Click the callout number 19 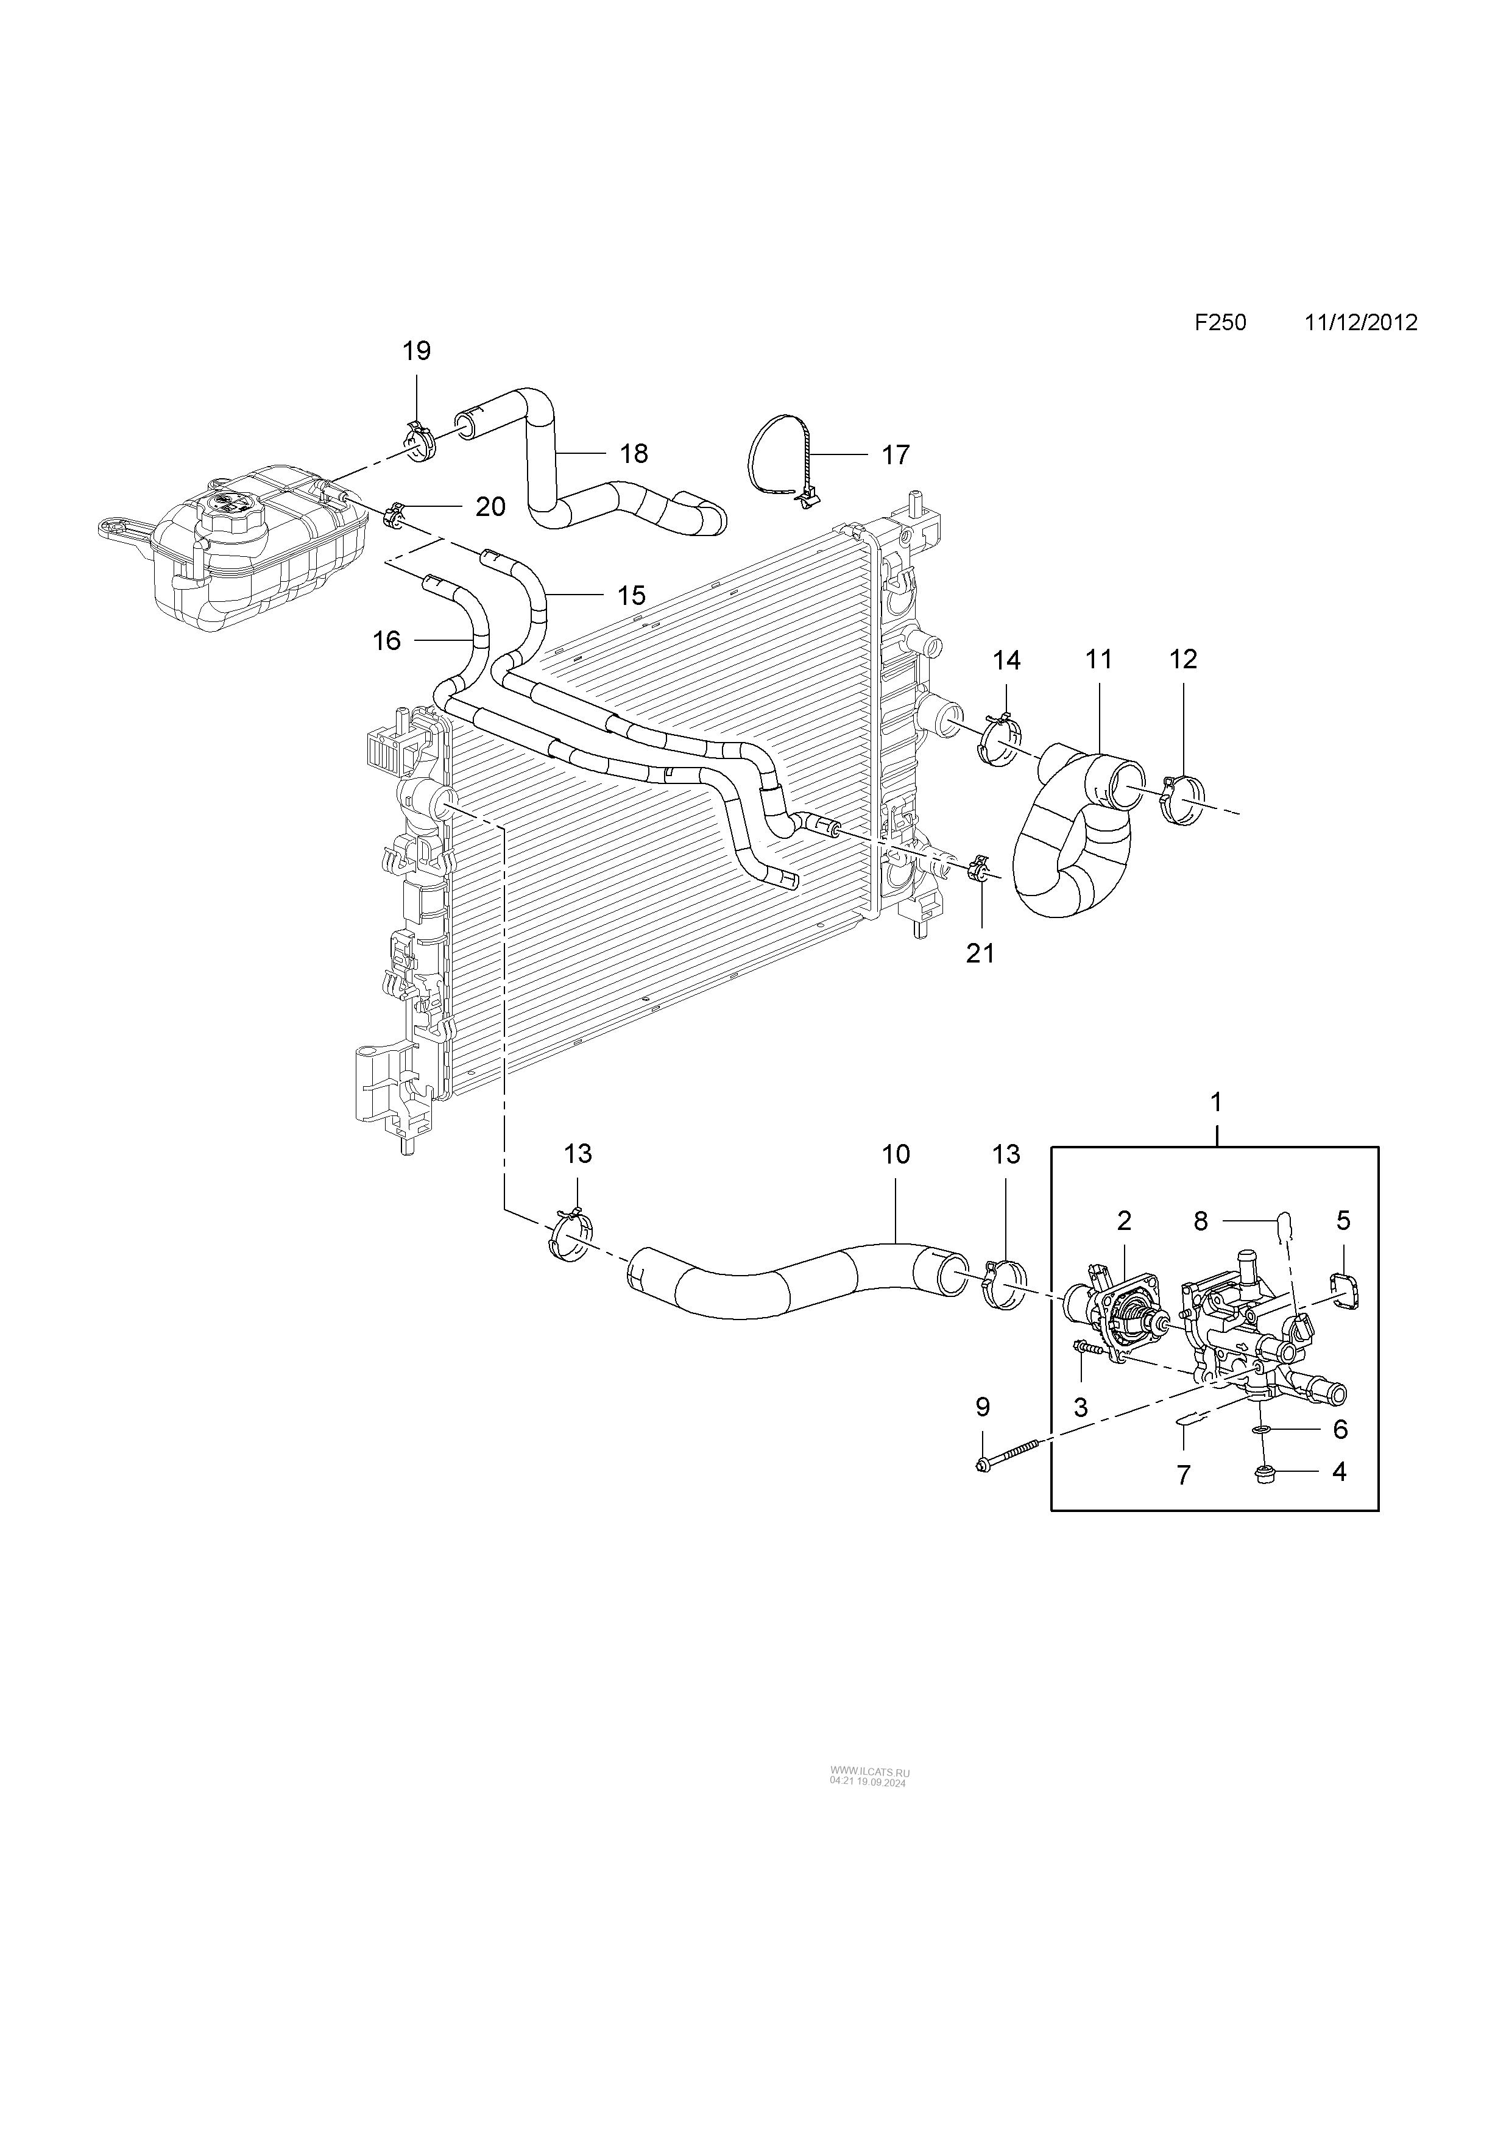click(x=416, y=352)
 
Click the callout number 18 click(x=633, y=454)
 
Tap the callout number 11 click(x=1098, y=660)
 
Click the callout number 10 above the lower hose click(x=896, y=1154)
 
